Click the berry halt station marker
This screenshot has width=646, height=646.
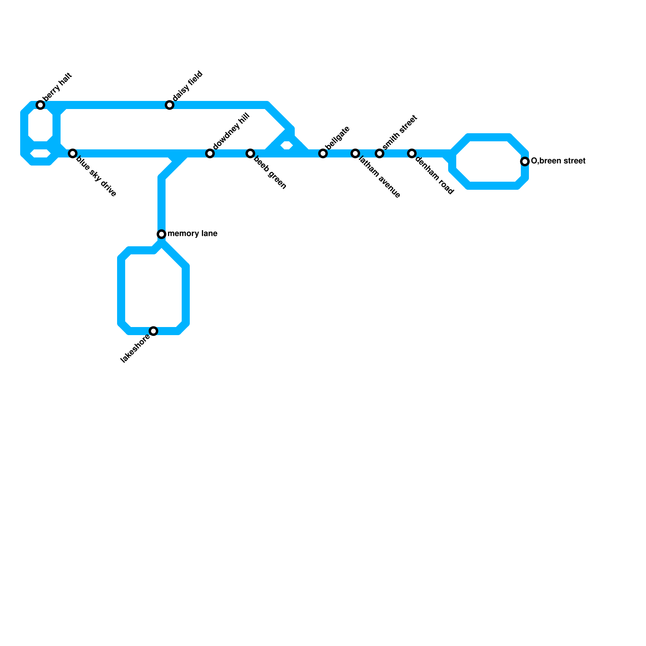(x=40, y=105)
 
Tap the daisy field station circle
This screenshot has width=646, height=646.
(x=170, y=105)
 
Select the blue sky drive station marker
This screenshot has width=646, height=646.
(x=73, y=153)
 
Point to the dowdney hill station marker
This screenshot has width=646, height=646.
(x=210, y=153)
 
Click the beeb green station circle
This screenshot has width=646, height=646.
(x=250, y=153)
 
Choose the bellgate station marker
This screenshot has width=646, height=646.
(x=323, y=153)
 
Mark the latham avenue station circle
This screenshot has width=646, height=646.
(x=355, y=153)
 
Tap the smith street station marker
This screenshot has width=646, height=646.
(x=380, y=153)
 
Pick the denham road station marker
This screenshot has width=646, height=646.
(x=412, y=153)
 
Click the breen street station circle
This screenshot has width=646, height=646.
(x=525, y=161)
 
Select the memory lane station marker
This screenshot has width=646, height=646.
(x=161, y=234)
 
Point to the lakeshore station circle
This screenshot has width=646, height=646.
(x=153, y=331)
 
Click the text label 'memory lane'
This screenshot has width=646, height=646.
(x=193, y=234)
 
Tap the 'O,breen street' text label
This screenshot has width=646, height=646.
(x=558, y=161)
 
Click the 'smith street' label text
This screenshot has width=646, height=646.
(x=399, y=132)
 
